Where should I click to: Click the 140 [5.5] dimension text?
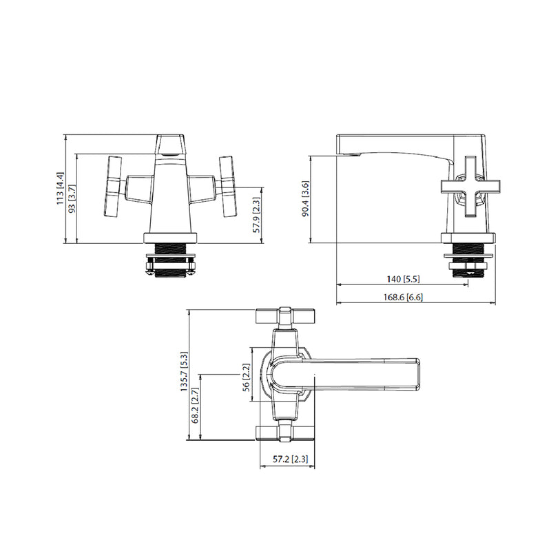[x=403, y=279]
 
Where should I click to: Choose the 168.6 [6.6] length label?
[x=403, y=297]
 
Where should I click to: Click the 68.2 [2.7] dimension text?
[x=195, y=406]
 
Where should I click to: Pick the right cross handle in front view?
[x=227, y=186]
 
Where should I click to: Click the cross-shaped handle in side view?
[x=470, y=184]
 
